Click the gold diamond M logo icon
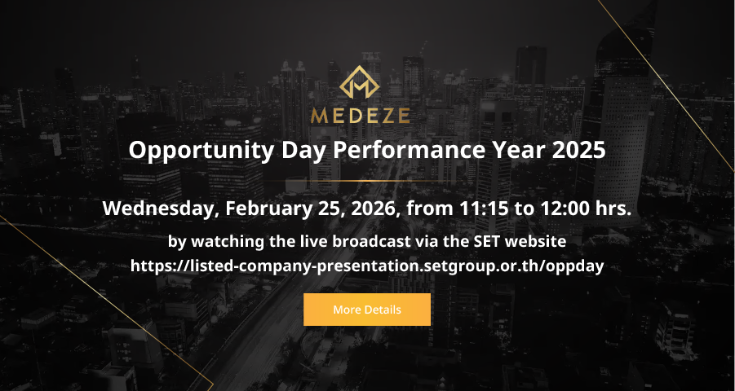[360, 82]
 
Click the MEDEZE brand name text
[360, 115]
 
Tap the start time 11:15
[484, 209]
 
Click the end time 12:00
[565, 209]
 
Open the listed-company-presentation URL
[367, 266]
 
